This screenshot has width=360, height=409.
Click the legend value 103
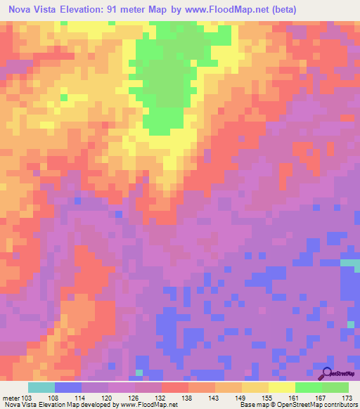[x=27, y=398]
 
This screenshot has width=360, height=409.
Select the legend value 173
[x=347, y=398]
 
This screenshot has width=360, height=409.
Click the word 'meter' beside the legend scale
[x=11, y=398]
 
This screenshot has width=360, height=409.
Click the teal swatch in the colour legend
[x=41, y=387]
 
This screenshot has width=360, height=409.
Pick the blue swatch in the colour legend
[x=67, y=387]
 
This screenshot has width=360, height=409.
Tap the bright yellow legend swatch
[x=281, y=387]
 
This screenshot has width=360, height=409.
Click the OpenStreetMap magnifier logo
[x=326, y=375]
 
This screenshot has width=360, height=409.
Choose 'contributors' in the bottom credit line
[x=340, y=405]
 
